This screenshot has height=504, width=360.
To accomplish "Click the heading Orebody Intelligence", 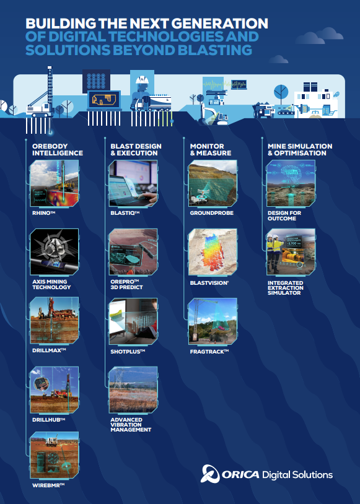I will (x=58, y=149).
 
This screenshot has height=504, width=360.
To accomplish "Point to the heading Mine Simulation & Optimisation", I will (x=300, y=149).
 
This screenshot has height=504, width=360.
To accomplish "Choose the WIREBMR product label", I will (x=48, y=485).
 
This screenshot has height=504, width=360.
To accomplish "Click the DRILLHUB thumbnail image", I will (x=55, y=389).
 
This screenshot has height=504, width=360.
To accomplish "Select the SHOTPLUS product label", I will (x=128, y=351).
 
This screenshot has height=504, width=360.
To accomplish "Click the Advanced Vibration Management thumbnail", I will (x=133, y=391).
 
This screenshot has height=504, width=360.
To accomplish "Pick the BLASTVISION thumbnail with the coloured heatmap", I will (x=213, y=252).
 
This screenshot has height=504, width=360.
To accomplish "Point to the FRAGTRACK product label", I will (x=209, y=351).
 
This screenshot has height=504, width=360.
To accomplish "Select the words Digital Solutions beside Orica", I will (x=298, y=475).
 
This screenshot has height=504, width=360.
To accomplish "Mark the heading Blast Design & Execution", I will (x=136, y=149).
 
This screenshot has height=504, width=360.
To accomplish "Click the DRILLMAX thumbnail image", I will (x=55, y=321).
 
